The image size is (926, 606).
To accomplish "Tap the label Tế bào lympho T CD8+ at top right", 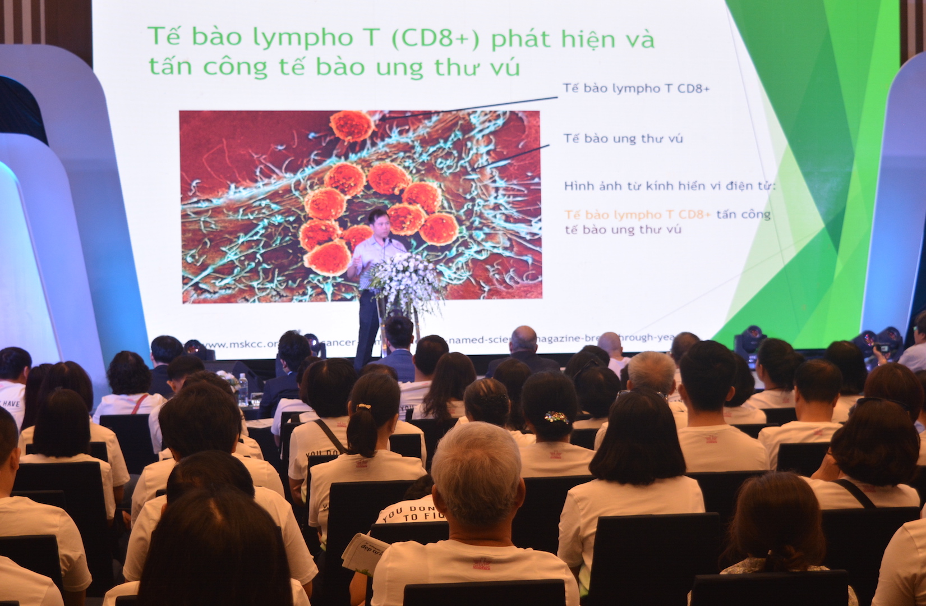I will (637, 89).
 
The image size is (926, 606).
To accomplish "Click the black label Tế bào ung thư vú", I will (623, 139).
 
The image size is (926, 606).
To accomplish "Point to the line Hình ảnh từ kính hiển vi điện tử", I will (670, 186).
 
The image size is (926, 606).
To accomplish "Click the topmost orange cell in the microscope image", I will (352, 125).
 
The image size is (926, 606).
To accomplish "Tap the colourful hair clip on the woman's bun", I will (556, 417).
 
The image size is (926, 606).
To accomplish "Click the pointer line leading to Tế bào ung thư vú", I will (513, 157).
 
